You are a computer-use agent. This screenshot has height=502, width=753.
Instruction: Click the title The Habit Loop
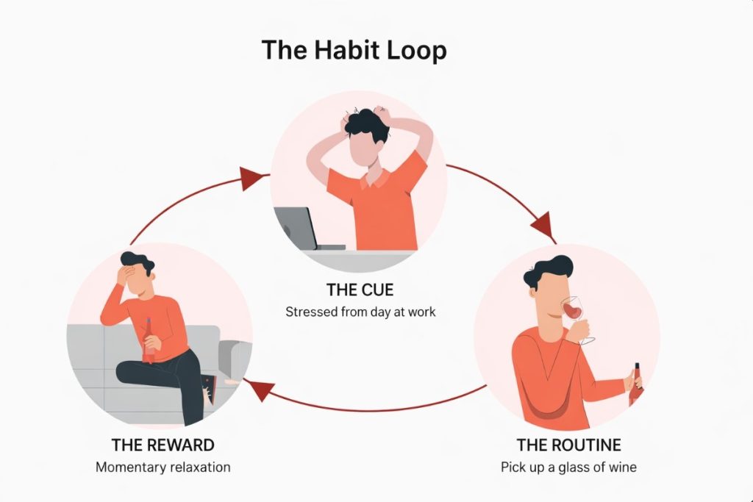(354, 51)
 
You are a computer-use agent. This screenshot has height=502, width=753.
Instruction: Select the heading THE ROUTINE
(568, 445)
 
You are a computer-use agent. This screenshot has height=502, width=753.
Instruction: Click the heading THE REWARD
(163, 445)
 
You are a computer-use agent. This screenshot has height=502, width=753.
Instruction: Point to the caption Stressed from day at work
(360, 312)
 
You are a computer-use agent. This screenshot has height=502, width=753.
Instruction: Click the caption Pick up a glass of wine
(568, 467)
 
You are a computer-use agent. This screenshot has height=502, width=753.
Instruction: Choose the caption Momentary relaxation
(163, 467)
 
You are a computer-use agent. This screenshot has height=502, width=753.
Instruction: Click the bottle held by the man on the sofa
(149, 341)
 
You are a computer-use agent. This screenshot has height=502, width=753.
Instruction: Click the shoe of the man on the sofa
(210, 390)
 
